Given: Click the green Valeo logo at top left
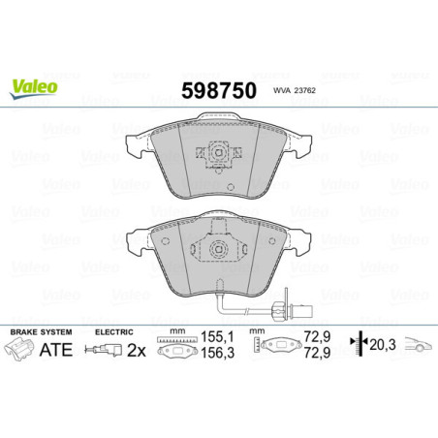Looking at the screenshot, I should [x=34, y=86].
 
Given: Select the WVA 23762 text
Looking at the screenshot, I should [x=294, y=94].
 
